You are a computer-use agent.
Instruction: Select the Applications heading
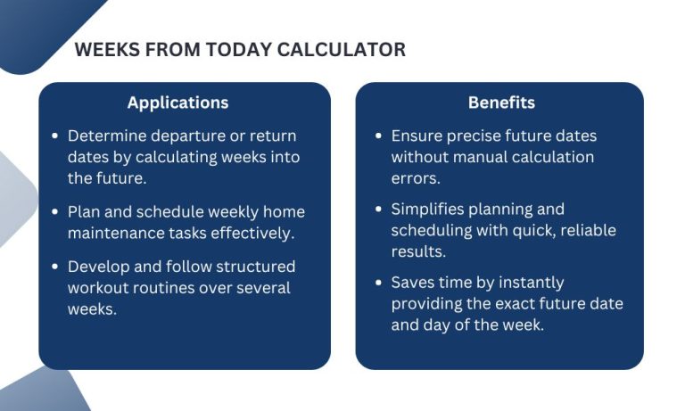point(177,103)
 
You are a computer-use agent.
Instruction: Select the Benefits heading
point(501,103)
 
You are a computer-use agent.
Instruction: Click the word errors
point(414,177)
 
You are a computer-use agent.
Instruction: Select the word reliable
point(584,231)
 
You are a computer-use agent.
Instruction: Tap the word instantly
point(532,283)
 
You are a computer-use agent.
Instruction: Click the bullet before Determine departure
point(56,136)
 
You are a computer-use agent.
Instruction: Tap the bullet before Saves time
point(379,283)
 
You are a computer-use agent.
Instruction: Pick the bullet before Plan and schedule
point(56,211)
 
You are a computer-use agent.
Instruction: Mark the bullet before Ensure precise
point(379,136)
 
